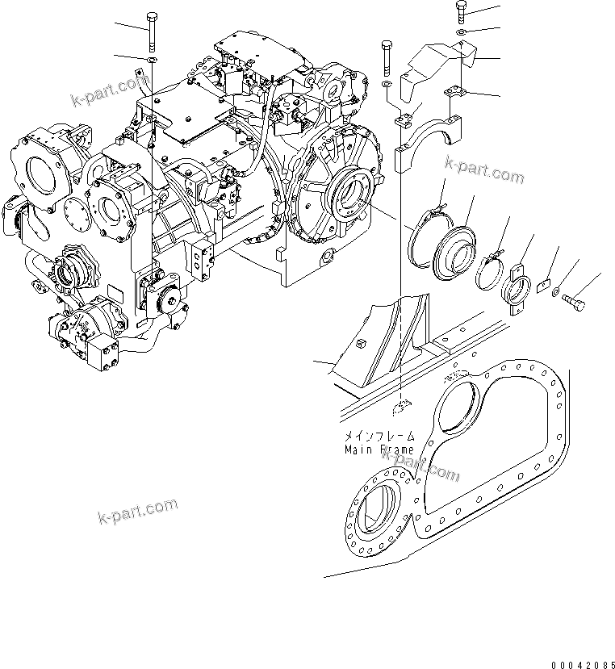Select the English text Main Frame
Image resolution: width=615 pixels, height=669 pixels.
coord(379,449)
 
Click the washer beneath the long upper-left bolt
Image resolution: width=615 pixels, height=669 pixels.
coord(152,59)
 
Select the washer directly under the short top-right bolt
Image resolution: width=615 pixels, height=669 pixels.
coord(460,32)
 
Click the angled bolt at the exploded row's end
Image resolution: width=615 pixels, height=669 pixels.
coord(575,301)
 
